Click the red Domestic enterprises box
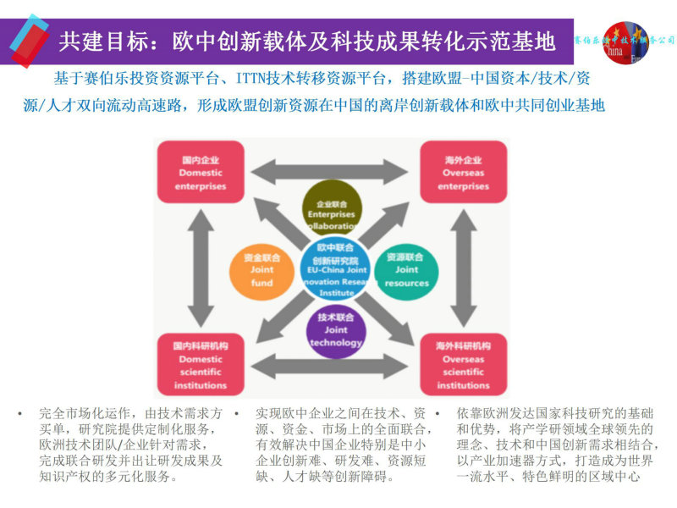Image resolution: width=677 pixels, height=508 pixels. [201, 172]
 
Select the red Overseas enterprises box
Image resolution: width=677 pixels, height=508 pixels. [463, 172]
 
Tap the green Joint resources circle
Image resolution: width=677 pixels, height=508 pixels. [405, 269]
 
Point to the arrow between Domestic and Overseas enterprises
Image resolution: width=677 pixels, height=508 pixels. [332, 171]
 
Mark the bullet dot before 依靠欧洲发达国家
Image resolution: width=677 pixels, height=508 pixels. [437, 413]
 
